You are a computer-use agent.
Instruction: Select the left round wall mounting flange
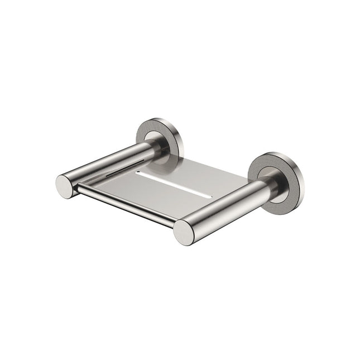[x=160, y=137]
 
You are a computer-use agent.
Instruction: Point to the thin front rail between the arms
[x=126, y=207]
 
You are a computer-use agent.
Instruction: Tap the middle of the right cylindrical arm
[x=226, y=207]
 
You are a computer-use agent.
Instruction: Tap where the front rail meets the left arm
[x=79, y=190]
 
